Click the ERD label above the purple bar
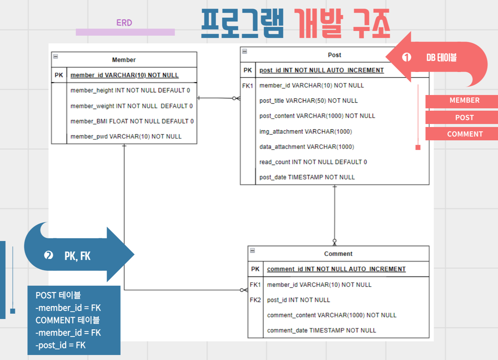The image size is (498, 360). click(124, 23)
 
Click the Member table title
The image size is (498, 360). click(124, 60)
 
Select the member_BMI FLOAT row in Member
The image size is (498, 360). click(132, 121)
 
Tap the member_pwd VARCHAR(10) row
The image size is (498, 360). click(126, 137)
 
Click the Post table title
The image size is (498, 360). click(334, 55)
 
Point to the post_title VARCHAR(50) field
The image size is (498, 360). click(308, 101)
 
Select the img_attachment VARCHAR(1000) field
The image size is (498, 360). click(306, 132)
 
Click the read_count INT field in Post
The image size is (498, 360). click(313, 162)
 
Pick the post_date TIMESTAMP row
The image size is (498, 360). click(307, 177)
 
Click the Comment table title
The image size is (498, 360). click(338, 254)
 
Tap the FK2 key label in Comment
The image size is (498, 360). click(255, 300)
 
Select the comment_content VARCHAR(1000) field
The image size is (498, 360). click(332, 315)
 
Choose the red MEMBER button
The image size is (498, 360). click(464, 100)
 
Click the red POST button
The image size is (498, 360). click(464, 118)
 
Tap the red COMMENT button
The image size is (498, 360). click(465, 134)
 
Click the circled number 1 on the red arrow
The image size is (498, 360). click(406, 57)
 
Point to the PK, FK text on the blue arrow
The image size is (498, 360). click(77, 256)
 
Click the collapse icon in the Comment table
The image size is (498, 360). click(252, 250)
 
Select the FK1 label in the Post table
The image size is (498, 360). click(248, 86)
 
